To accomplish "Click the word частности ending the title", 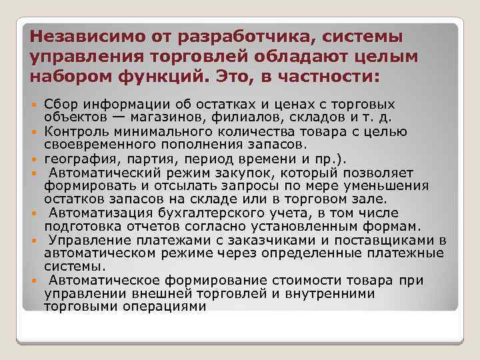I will click(330, 77).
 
